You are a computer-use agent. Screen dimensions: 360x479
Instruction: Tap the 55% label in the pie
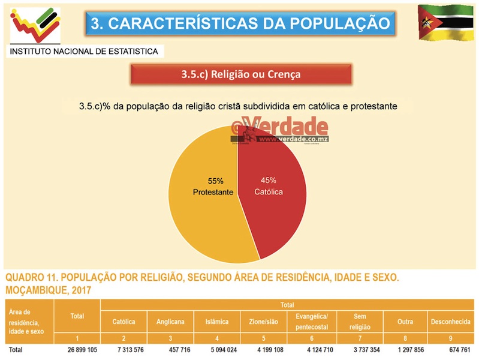coord(215,180)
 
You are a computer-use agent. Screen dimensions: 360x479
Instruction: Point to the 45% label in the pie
coord(269,180)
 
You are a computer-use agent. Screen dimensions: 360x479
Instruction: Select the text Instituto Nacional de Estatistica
coord(84,52)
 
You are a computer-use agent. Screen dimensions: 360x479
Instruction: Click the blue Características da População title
coord(240,23)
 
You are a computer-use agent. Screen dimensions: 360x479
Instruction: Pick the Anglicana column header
coord(170,322)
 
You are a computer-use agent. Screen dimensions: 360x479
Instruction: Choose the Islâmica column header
coord(216,322)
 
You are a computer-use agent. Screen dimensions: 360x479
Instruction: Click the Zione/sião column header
coord(263,322)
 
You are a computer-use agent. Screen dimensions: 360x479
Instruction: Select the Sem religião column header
coord(360,322)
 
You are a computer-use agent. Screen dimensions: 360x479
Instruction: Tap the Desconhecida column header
coord(450,322)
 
